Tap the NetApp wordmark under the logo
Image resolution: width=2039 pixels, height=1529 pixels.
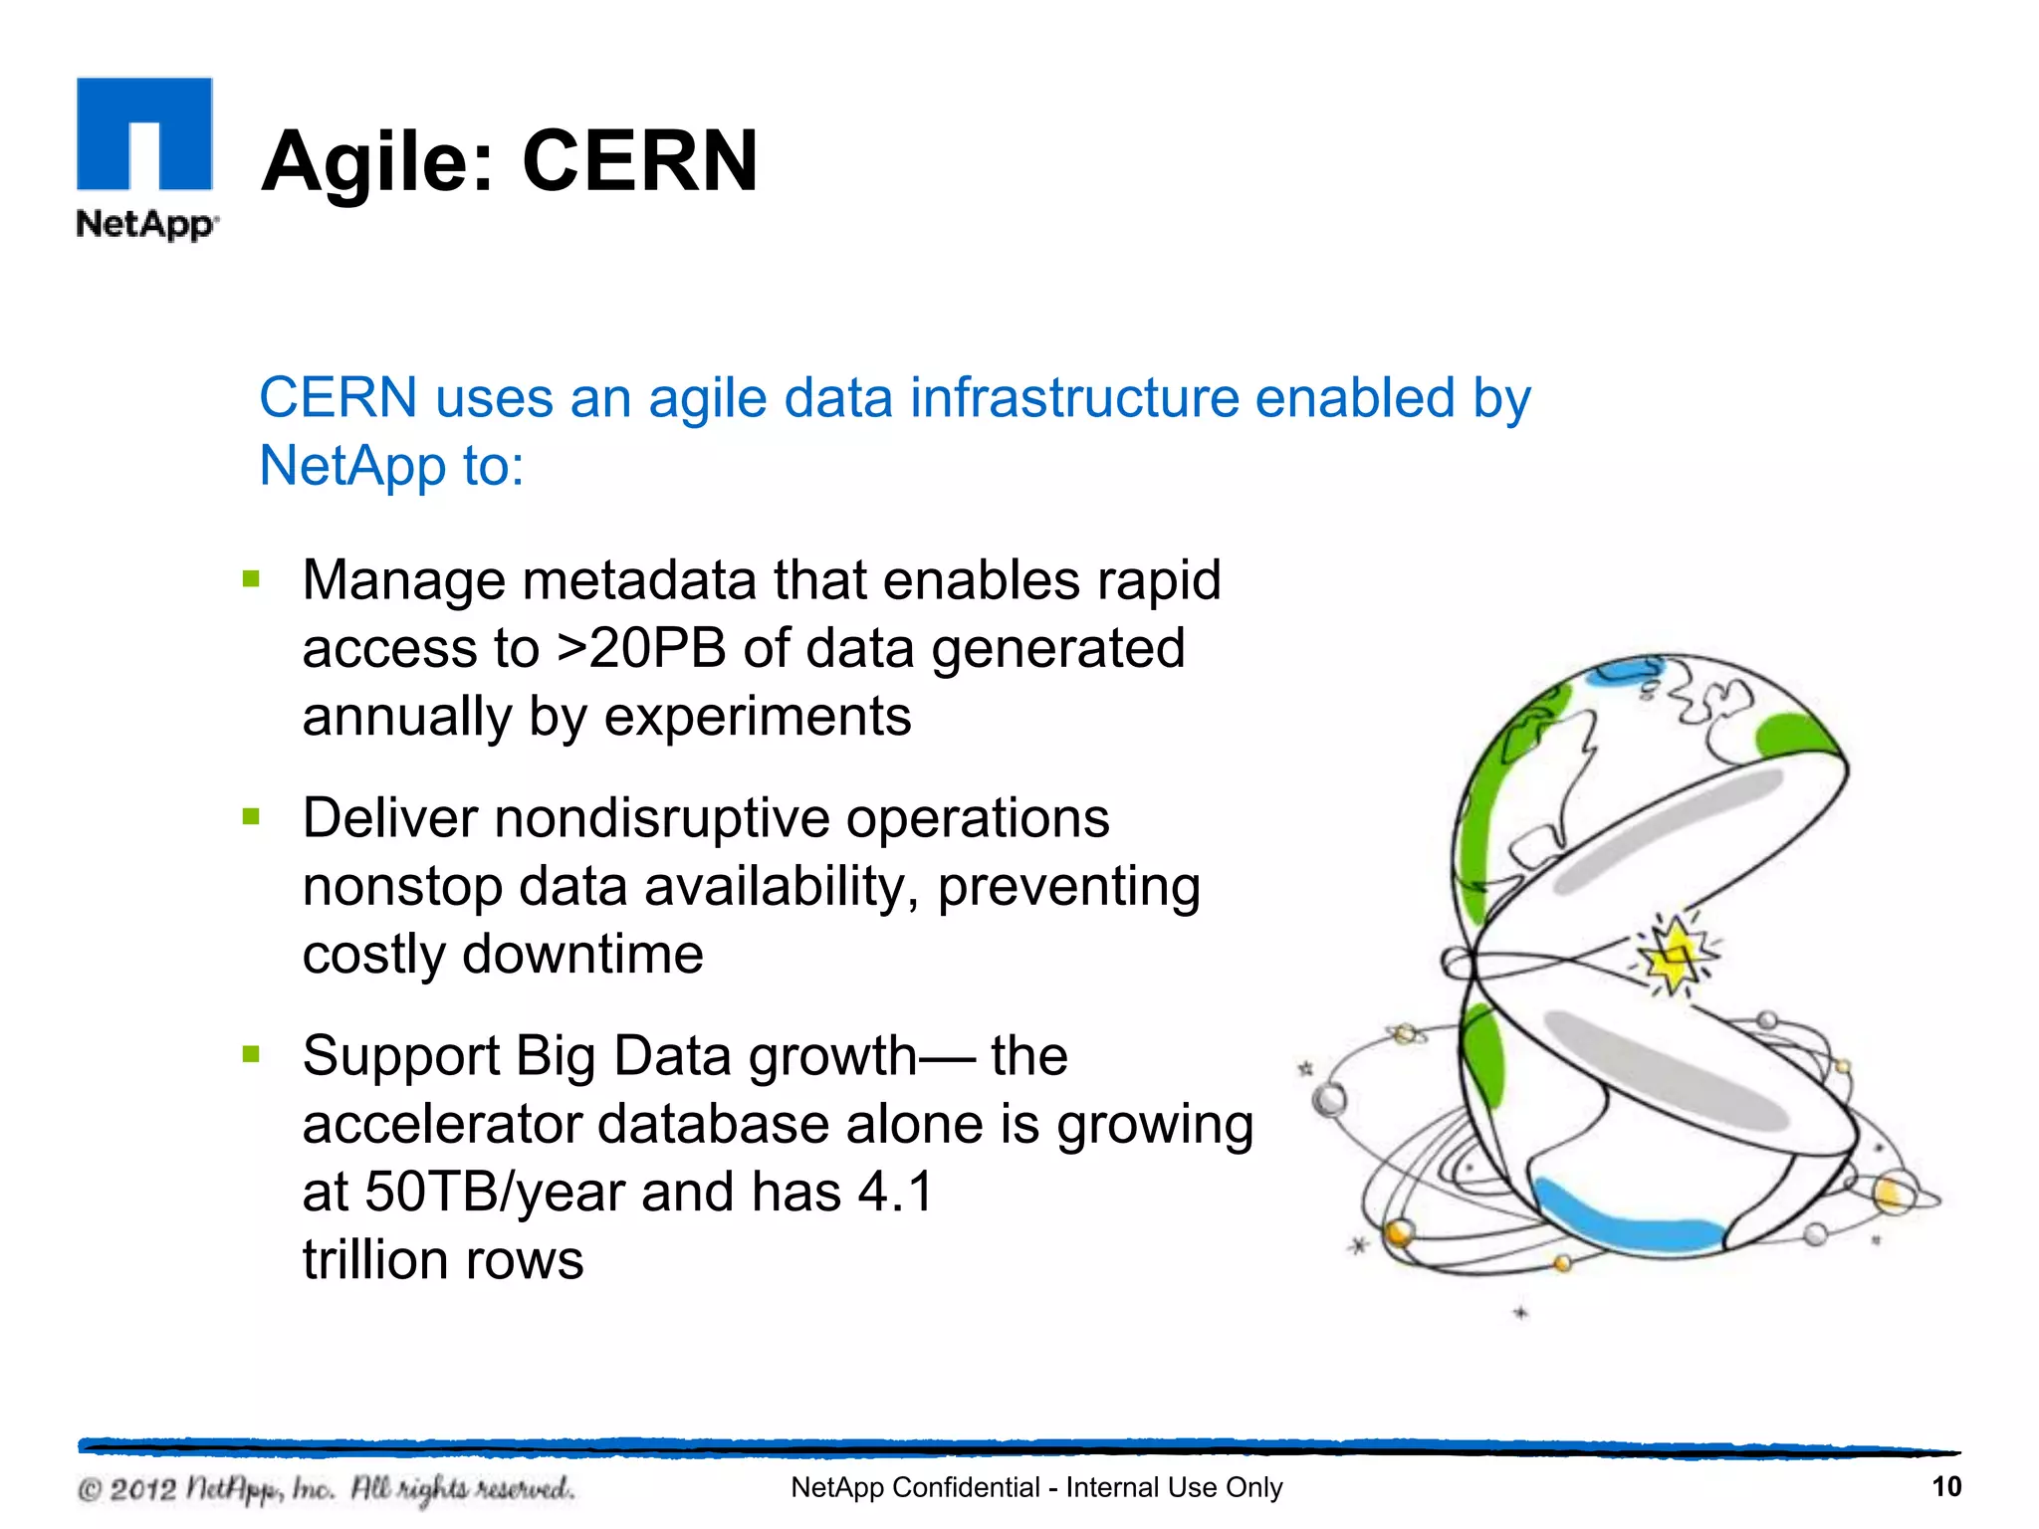(x=145, y=223)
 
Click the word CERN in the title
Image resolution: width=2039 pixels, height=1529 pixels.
(x=639, y=161)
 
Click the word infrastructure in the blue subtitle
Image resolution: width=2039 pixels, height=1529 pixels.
(x=1074, y=398)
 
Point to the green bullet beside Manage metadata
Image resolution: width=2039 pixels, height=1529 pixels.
(x=251, y=579)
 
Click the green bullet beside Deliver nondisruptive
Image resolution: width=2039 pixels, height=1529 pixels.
(x=251, y=817)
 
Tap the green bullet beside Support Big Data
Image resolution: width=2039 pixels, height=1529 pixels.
(x=251, y=1054)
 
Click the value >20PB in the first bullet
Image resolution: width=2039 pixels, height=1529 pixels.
(x=641, y=649)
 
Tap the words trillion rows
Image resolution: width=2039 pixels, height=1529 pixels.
(x=443, y=1260)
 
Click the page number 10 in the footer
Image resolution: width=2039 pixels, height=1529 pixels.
(x=1945, y=1487)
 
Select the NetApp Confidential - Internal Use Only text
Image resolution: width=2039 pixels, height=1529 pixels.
(x=1035, y=1487)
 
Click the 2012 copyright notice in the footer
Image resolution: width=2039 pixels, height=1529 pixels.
(x=326, y=1489)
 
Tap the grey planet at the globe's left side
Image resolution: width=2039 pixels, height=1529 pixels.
(x=1330, y=1100)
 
